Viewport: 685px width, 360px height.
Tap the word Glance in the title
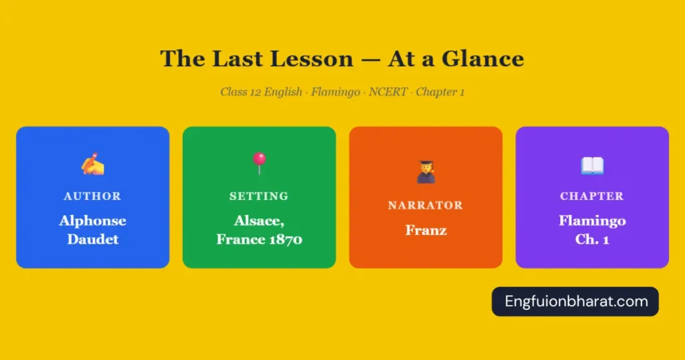coord(485,59)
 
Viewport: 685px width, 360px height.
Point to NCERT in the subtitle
coord(388,92)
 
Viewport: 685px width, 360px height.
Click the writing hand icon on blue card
coord(93,164)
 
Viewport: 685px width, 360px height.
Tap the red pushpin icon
coord(259,163)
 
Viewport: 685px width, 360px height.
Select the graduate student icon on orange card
coord(425,172)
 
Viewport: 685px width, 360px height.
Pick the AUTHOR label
coord(92,196)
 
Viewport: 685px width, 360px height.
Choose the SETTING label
coord(259,196)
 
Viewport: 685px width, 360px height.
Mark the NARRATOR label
coord(425,205)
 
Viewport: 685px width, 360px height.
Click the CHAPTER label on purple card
coord(592,196)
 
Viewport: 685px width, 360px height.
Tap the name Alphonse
coord(92,221)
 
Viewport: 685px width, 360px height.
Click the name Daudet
coord(92,239)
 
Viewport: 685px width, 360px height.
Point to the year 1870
coord(282,239)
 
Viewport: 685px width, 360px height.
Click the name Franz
coord(425,230)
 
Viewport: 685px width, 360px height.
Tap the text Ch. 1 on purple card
coord(592,239)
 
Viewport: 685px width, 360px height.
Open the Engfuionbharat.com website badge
coord(575,301)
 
